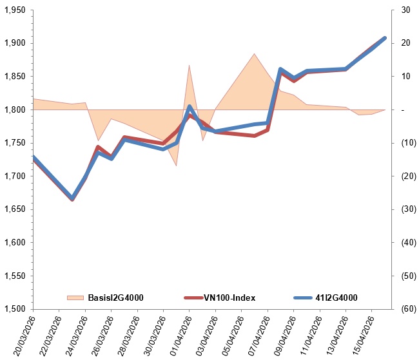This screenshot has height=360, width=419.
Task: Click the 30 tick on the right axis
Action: tap(405, 10)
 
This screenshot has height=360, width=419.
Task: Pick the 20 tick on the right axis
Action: tap(405, 43)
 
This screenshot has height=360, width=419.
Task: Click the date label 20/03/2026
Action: tap(23, 334)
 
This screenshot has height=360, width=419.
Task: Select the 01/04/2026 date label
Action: tap(179, 334)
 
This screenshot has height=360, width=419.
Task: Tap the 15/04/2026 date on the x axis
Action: tap(362, 334)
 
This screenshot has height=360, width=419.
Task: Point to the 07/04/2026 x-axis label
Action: tap(257, 334)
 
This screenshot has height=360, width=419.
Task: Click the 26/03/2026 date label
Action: tap(101, 334)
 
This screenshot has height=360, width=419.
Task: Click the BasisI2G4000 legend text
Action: tap(115, 298)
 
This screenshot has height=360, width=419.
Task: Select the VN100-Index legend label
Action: tap(229, 298)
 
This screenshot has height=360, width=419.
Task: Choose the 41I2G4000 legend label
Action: tap(336, 298)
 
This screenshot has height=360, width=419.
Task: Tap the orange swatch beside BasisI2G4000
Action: tap(75, 298)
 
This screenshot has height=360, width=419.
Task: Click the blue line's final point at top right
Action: tap(385, 38)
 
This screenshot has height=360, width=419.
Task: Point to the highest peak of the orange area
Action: tap(255, 53)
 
